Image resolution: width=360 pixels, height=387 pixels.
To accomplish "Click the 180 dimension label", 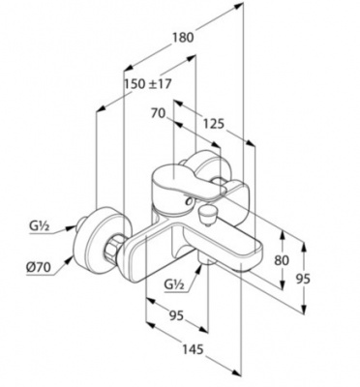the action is click(183, 38).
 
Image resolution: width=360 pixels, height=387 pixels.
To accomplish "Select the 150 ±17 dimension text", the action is click(148, 84).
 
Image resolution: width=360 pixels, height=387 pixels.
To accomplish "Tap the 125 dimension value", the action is click(213, 123).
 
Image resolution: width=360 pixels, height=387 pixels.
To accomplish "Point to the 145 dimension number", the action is click(193, 349).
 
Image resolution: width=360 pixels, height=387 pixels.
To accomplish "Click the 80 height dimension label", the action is click(282, 260).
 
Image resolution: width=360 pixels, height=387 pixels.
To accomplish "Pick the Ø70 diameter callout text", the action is click(39, 267).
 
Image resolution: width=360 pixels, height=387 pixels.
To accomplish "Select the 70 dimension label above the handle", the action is click(159, 113).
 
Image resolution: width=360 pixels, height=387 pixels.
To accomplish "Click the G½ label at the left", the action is click(39, 226).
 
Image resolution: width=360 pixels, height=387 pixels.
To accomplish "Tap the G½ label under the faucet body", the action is click(174, 284).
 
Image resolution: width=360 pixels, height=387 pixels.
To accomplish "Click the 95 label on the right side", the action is click(303, 279).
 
